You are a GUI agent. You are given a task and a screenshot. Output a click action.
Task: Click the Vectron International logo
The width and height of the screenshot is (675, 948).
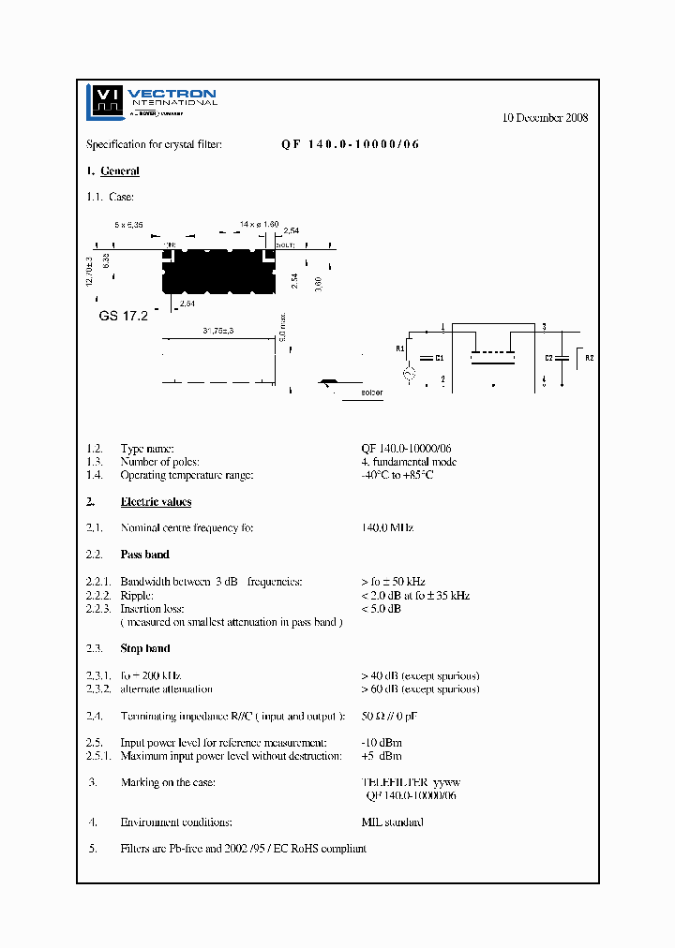coord(150,101)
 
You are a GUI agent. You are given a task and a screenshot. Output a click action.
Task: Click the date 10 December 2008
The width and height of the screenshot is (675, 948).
coord(545,118)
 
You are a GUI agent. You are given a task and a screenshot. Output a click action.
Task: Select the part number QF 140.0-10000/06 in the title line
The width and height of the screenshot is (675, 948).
coord(351,144)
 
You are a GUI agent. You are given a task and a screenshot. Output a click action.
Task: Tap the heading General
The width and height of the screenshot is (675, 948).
coord(120,171)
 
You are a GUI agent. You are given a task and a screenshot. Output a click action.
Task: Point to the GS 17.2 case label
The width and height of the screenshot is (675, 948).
coord(123,316)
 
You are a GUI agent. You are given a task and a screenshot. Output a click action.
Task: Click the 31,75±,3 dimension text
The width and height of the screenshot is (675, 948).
coord(218,331)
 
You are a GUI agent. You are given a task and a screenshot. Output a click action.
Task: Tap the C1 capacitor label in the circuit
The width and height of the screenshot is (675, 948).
coord(439,358)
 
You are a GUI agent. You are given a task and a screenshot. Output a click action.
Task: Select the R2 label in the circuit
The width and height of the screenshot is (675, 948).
coord(589,358)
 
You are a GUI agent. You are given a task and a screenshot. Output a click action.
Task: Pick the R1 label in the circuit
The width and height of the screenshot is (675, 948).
coord(399,348)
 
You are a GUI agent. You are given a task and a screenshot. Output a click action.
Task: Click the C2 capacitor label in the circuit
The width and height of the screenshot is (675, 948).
coord(548,358)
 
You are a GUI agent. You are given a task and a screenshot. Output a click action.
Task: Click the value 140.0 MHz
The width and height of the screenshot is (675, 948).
coord(387,527)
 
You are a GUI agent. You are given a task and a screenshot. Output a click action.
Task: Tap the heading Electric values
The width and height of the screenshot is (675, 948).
coord(156,502)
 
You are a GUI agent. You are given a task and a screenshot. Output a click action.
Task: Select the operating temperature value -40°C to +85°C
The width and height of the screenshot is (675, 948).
coord(397,475)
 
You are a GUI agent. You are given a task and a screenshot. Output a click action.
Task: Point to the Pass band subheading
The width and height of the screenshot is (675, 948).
coord(144,555)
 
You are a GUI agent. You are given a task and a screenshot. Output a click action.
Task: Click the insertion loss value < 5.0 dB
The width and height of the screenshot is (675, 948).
coord(381,608)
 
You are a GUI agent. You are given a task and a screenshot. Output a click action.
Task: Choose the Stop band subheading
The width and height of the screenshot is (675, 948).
coord(144,648)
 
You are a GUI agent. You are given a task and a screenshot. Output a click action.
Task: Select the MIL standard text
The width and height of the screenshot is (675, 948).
coord(392,822)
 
